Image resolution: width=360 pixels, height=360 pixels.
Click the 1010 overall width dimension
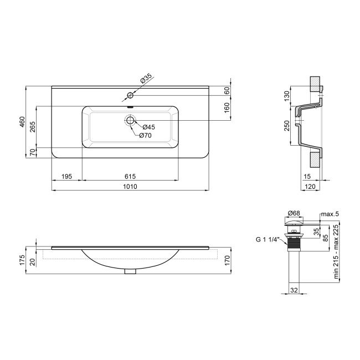[x=130, y=187]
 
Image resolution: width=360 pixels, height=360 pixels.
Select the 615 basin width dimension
[x=130, y=176]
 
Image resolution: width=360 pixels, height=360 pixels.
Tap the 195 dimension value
[x=66, y=176]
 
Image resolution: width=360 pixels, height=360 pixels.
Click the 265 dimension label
[x=33, y=126]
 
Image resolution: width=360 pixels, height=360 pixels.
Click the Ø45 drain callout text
[x=148, y=127]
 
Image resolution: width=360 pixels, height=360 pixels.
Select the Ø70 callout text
[x=145, y=135]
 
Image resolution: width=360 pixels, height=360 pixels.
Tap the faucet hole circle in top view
[x=130, y=95]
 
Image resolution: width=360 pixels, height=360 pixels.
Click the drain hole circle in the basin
[x=130, y=120]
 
